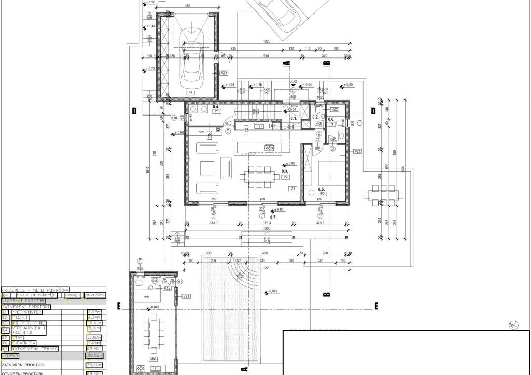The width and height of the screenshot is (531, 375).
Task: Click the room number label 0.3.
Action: [x=285, y=170]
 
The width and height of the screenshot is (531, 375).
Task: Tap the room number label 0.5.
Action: [x=321, y=189]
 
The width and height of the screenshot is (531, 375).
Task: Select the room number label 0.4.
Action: [x=216, y=106]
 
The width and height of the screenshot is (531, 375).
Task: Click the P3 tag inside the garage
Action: [x=191, y=93]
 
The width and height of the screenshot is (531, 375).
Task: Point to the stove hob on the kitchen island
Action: [x=270, y=148]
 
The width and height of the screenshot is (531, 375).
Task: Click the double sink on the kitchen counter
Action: [x=260, y=126]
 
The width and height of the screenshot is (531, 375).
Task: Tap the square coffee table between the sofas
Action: [x=208, y=168]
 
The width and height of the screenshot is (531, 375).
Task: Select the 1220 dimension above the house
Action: [x=267, y=41]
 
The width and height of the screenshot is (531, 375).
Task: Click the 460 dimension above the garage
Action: [x=187, y=6]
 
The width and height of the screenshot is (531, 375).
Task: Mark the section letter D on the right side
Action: [x=372, y=111]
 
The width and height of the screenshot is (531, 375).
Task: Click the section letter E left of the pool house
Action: [x=119, y=306]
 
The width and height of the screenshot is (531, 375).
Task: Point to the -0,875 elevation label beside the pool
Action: [x=272, y=292]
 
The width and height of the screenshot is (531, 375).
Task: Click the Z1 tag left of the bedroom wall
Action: [x=294, y=189]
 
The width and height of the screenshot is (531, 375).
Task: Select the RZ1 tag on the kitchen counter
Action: [x=274, y=126]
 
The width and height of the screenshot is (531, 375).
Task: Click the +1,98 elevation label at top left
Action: [x=151, y=3]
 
